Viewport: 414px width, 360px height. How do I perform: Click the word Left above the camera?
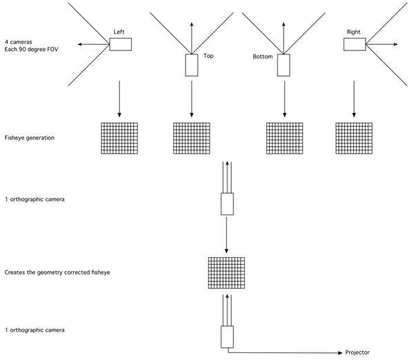(119, 32)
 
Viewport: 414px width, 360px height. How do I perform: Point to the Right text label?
(353, 32)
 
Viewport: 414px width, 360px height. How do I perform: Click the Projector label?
(357, 352)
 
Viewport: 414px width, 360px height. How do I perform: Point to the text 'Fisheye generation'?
(29, 138)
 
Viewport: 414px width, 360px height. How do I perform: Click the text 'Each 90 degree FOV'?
(31, 50)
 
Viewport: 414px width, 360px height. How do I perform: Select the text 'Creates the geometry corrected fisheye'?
(57, 272)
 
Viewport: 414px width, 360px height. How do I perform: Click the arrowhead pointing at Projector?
(340, 353)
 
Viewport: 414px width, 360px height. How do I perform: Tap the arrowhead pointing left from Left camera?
(80, 44)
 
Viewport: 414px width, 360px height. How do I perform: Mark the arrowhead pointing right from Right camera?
(395, 44)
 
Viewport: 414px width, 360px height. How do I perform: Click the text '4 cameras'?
(19, 42)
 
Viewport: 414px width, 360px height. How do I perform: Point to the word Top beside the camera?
(208, 56)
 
